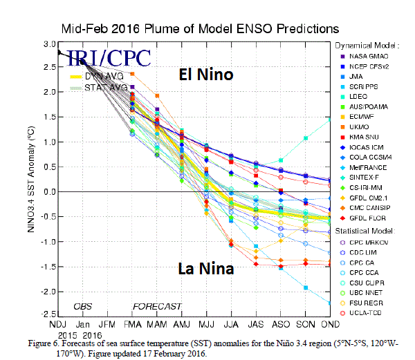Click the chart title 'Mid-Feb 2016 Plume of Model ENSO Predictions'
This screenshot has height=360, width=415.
[200, 28]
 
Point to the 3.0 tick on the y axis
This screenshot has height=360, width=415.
[48, 44]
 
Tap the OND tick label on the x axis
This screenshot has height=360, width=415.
[329, 325]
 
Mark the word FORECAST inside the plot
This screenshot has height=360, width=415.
[157, 306]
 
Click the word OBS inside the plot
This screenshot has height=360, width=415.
[84, 306]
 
